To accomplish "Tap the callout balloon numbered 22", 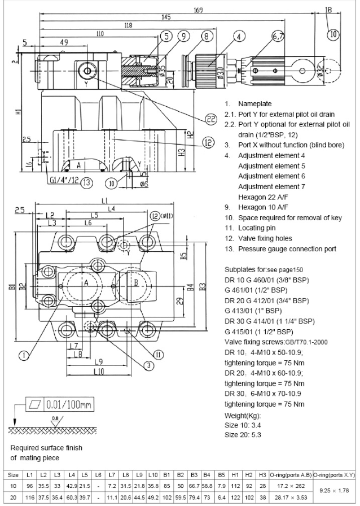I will pos(210,119).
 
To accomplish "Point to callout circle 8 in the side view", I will pos(205,36).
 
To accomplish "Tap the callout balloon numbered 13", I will pos(86,182).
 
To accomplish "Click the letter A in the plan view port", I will pos(87,284).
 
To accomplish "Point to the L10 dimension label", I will pos(99,372).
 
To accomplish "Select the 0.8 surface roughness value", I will pos(55,418).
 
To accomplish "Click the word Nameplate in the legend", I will pos(254,104).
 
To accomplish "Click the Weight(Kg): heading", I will pos(244,415).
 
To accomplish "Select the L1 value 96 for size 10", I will pos(32,486).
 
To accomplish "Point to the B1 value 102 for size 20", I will pos(168,498).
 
